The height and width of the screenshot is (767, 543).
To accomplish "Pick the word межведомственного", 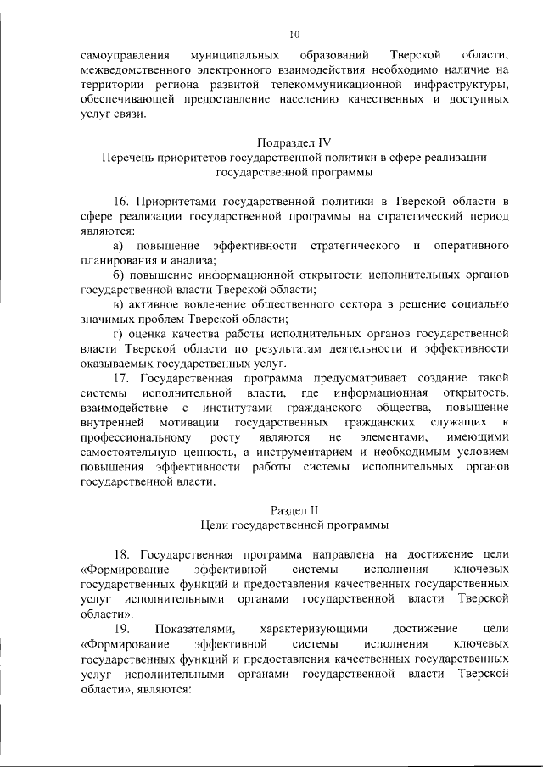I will point(133,70).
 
